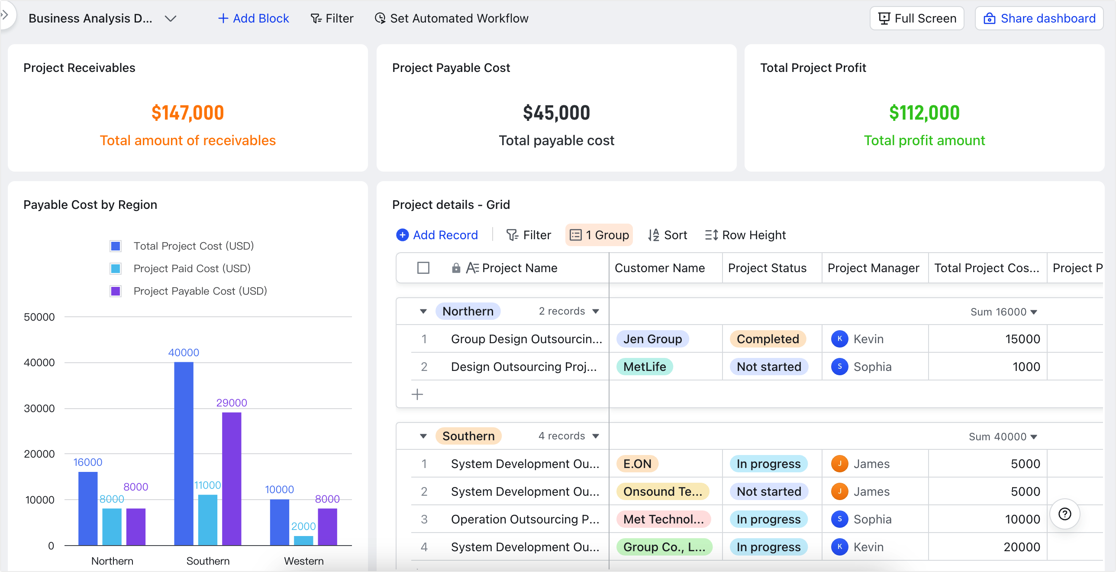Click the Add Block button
point(253,18)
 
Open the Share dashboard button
point(1039,18)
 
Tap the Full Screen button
point(917,18)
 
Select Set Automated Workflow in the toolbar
point(452,18)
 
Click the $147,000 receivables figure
point(187,113)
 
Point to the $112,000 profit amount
point(924,113)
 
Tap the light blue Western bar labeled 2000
point(303,540)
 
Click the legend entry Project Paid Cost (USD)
point(191,268)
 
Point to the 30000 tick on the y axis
point(39,409)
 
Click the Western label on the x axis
point(304,561)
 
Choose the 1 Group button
point(599,235)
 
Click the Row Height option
point(745,235)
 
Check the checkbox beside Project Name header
point(423,268)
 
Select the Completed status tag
point(768,339)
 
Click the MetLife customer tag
point(645,367)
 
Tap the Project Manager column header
point(873,268)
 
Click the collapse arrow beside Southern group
point(423,436)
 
